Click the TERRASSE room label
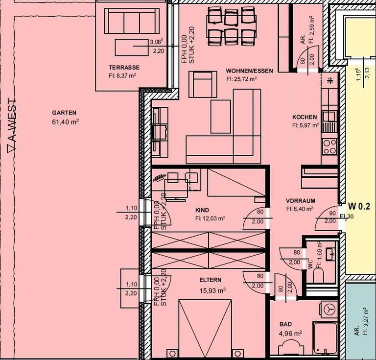tap(124, 68)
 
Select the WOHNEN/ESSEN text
tap(249, 71)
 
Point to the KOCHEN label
tap(305, 118)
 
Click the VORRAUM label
tap(301, 201)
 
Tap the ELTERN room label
tap(210, 280)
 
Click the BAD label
tap(285, 324)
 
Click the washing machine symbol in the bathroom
tap(329, 310)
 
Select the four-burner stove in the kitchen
tap(329, 145)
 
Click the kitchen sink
tap(329, 123)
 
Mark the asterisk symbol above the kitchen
tap(330, 80)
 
